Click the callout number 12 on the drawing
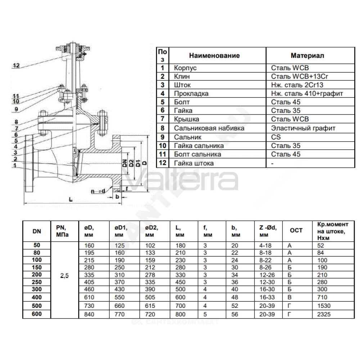[16, 66]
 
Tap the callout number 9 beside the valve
[16, 109]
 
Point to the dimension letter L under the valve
[71, 199]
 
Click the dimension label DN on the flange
[125, 163]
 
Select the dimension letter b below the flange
[117, 197]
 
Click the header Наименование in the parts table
[215, 55]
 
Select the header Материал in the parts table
[307, 55]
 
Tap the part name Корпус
[185, 68]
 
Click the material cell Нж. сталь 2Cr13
[297, 85]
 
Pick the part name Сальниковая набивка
[209, 128]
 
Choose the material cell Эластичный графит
[303, 128]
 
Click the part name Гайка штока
[194, 163]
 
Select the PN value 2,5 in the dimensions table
[64, 276]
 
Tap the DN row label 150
[37, 267]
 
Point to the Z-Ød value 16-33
[267, 297]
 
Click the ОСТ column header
[296, 230]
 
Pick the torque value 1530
[324, 306]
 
